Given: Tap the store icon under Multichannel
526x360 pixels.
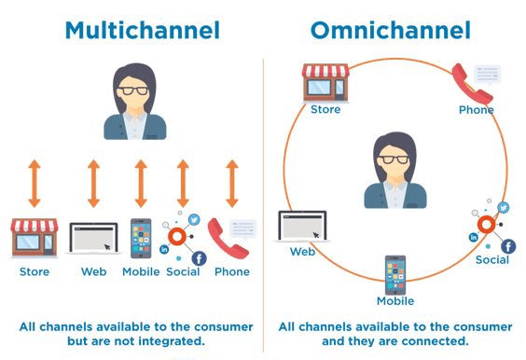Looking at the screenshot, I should click(35, 239).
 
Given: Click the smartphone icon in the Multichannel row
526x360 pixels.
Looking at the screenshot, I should click(141, 239).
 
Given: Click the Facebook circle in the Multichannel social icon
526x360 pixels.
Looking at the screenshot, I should click(198, 258).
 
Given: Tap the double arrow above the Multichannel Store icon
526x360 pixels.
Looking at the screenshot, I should click(35, 183).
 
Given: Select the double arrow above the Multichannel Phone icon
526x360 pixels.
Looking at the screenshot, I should click(232, 183).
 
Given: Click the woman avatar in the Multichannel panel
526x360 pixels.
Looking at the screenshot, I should click(136, 102).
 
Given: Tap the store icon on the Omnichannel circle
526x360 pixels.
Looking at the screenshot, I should click(325, 82).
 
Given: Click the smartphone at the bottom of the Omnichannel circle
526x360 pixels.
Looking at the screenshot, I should click(394, 274).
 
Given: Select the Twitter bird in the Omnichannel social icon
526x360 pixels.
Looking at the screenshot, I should click(504, 208).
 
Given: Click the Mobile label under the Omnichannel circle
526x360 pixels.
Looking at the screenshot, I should click(394, 301).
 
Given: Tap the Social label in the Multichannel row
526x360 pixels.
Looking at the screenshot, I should click(183, 272).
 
